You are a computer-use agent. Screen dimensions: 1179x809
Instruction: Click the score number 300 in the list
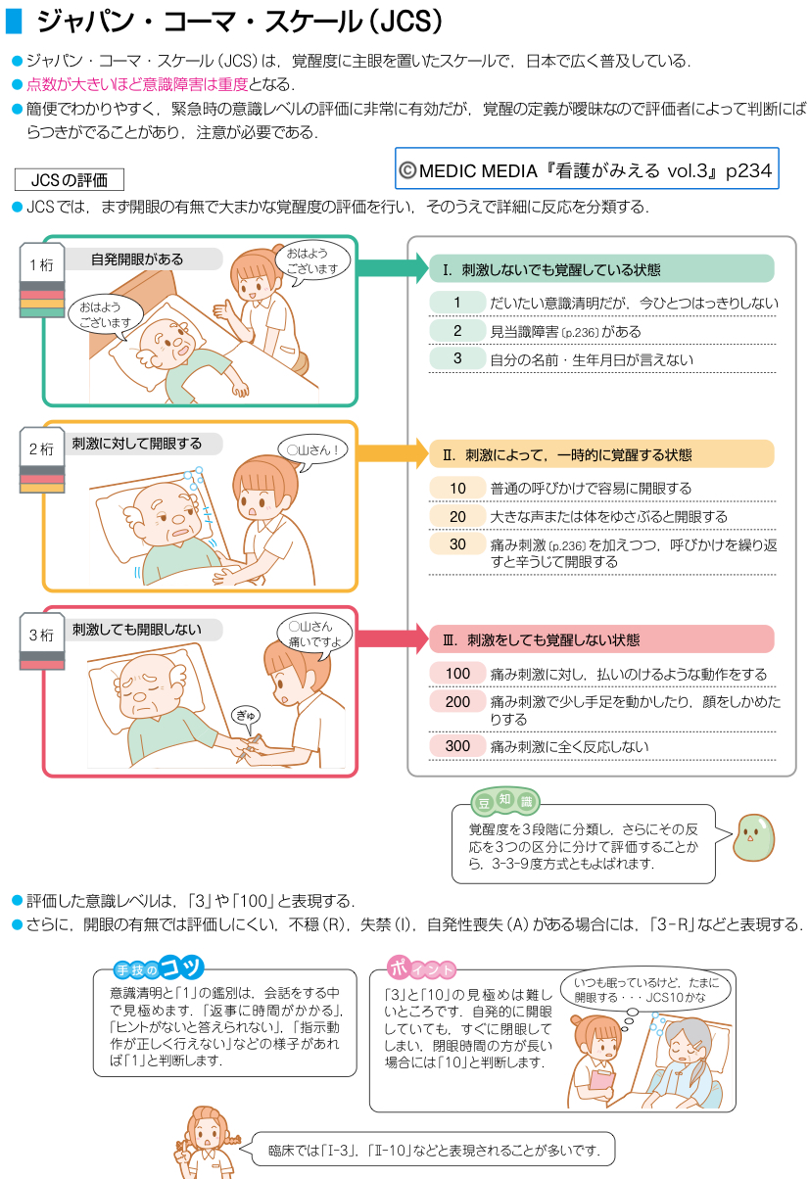pyautogui.click(x=457, y=746)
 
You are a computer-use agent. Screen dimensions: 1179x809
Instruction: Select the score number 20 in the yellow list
pyautogui.click(x=457, y=516)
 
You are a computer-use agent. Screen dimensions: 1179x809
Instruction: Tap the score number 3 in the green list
pyautogui.click(x=457, y=358)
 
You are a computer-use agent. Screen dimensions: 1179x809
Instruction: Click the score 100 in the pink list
pyautogui.click(x=457, y=674)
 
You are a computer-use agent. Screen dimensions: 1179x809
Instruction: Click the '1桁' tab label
pyautogui.click(x=41, y=265)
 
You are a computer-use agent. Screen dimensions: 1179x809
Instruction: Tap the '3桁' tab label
pyautogui.click(x=41, y=635)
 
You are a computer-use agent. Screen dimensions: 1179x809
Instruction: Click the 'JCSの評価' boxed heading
pyautogui.click(x=70, y=180)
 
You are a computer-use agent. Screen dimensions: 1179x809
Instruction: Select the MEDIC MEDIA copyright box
pyautogui.click(x=586, y=169)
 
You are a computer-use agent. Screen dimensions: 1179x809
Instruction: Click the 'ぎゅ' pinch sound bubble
pyautogui.click(x=245, y=717)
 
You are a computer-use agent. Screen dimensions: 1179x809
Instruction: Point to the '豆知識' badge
pyautogui.click(x=505, y=802)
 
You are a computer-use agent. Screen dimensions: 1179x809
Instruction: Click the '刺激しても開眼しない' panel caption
pyautogui.click(x=136, y=630)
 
